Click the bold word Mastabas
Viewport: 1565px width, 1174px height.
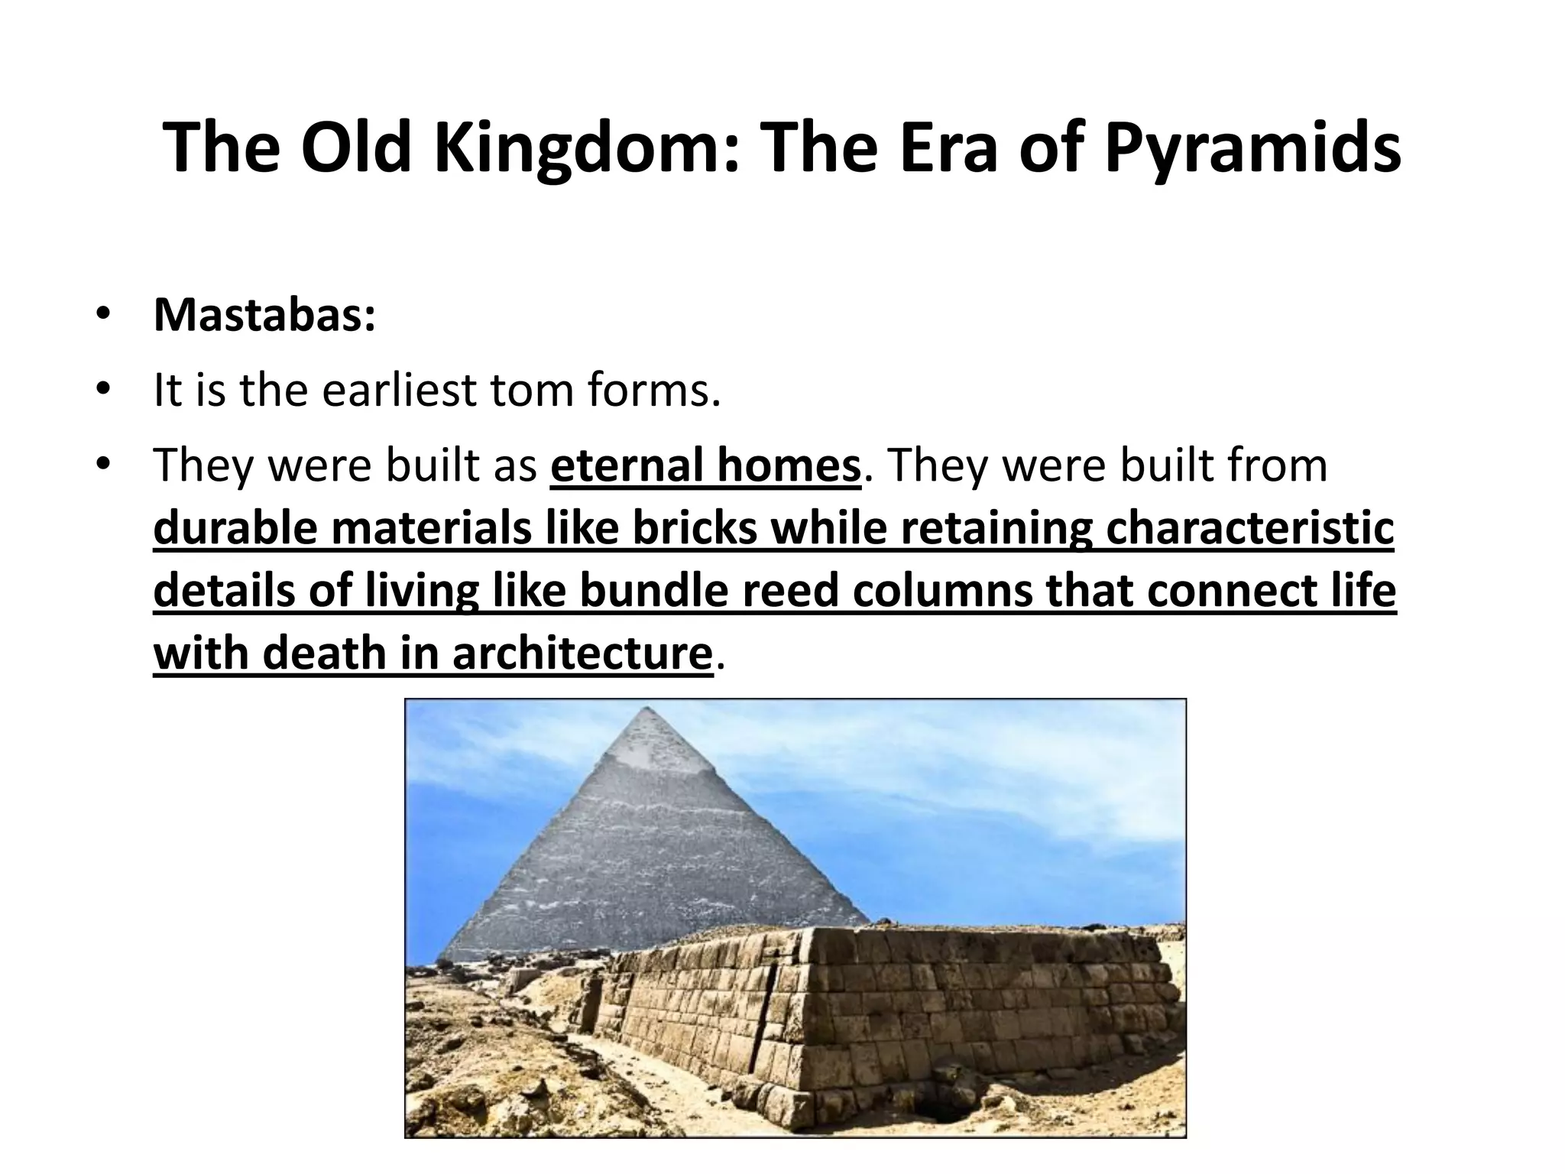(264, 315)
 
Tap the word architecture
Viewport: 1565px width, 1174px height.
(582, 653)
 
